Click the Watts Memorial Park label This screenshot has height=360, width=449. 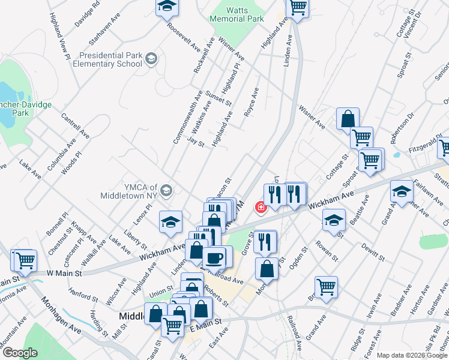pyautogui.click(x=237, y=14)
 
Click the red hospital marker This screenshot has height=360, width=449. pyautogui.click(x=261, y=208)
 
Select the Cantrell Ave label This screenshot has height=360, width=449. pyautogui.click(x=75, y=124)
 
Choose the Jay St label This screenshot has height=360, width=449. pyautogui.click(x=196, y=143)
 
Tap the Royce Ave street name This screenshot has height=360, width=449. pyautogui.click(x=251, y=101)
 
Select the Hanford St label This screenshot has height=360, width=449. pyautogui.click(x=83, y=295)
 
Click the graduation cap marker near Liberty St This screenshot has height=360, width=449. pyautogui.click(x=170, y=221)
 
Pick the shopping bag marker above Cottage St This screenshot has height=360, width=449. pyautogui.click(x=348, y=119)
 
